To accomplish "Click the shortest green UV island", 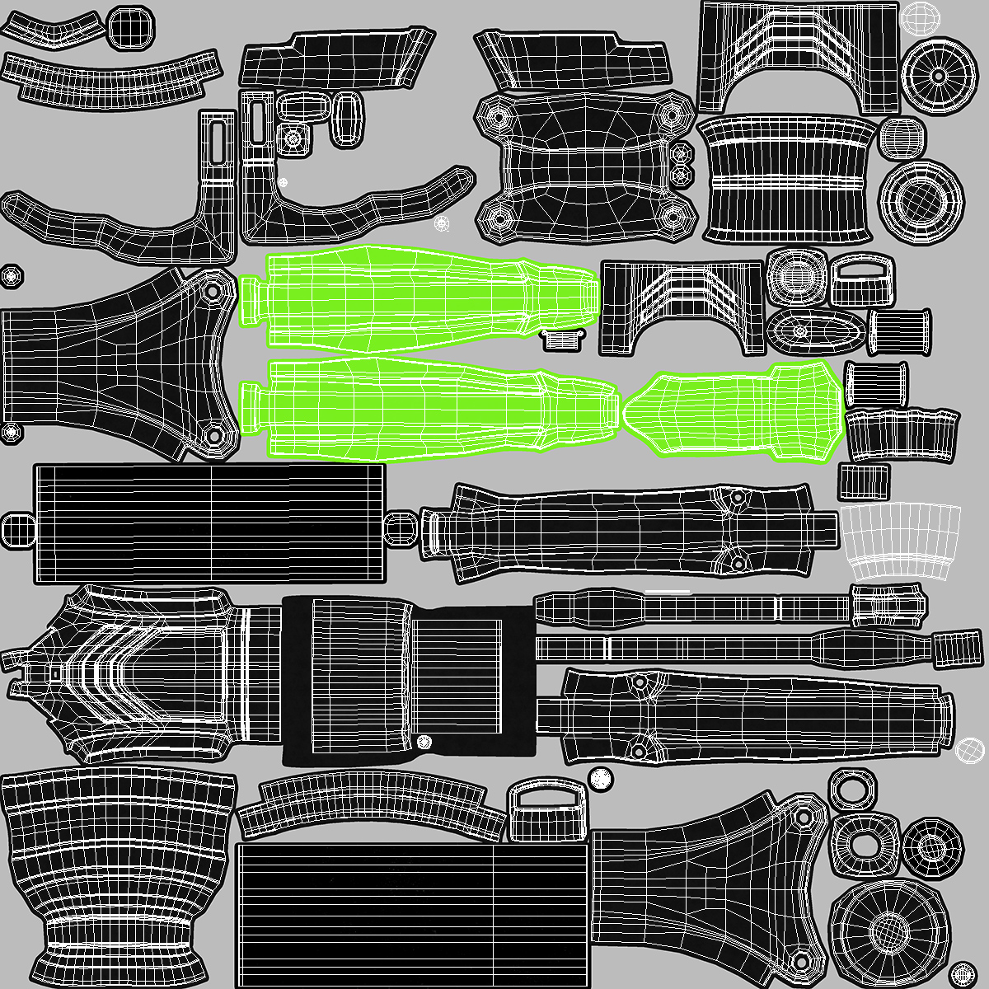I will pyautogui.click(x=734, y=410).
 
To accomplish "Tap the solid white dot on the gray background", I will pyautogui.click(x=602, y=776).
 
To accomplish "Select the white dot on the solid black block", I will pyautogui.click(x=424, y=741).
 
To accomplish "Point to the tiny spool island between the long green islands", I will pyautogui.click(x=563, y=338).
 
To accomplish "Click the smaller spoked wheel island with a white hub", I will pyautogui.click(x=937, y=75).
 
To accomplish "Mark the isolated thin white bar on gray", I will pyautogui.click(x=668, y=591).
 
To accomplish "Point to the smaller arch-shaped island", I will pyautogui.click(x=682, y=306).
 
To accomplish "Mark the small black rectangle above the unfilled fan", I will pyautogui.click(x=864, y=480).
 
